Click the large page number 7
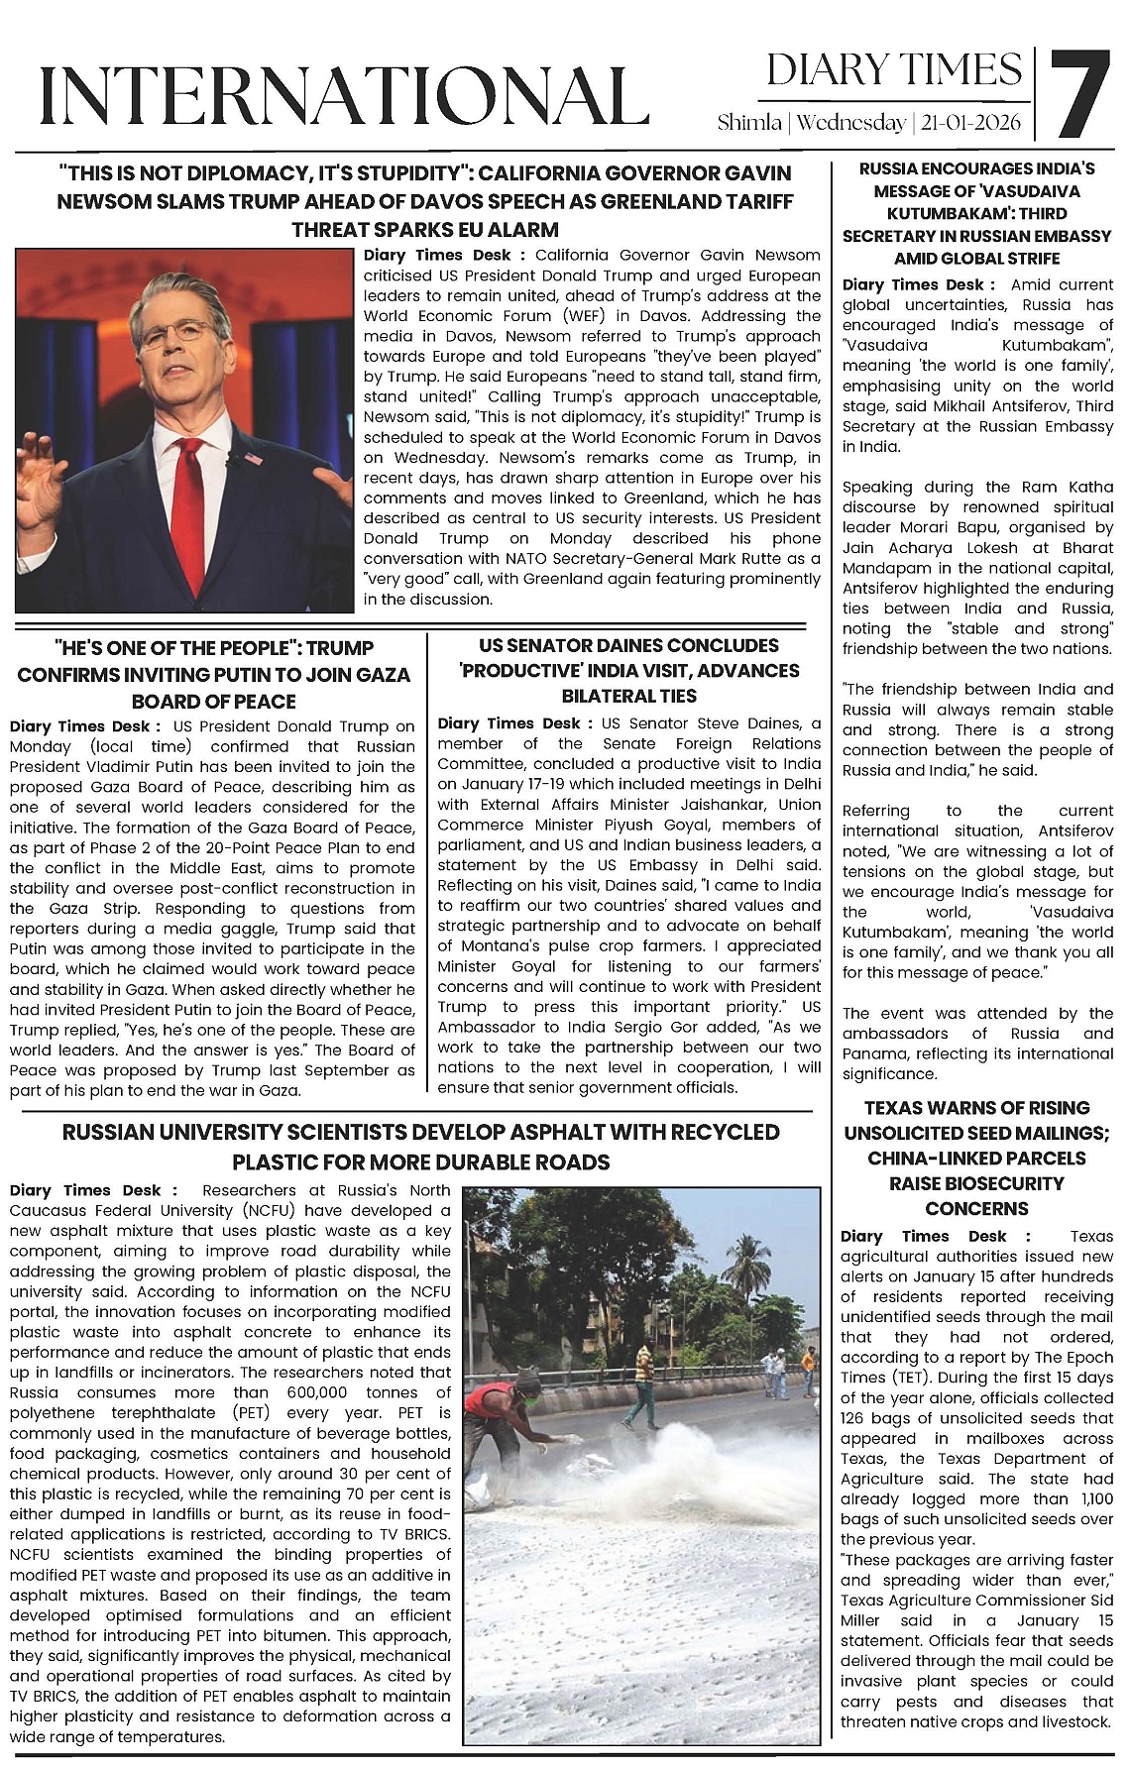[1077, 94]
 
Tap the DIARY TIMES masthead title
[894, 70]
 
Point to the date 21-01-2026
[971, 123]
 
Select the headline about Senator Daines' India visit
[629, 671]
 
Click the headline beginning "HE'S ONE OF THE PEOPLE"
[213, 675]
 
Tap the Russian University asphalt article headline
[420, 1147]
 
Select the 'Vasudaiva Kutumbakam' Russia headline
[976, 213]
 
